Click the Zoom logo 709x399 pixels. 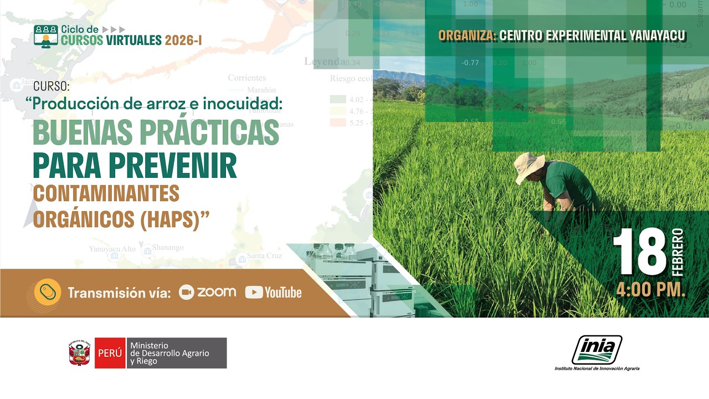[207, 293]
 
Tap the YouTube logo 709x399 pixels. [274, 293]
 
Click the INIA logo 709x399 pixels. [597, 350]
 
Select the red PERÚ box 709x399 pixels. [110, 353]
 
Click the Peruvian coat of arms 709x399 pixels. [80, 353]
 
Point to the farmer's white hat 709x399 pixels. [528, 166]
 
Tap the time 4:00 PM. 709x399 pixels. [651, 290]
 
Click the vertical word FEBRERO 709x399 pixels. [678, 253]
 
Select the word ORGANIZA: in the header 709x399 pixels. [467, 36]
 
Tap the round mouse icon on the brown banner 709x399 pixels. [48, 292]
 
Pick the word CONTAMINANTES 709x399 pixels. [106, 193]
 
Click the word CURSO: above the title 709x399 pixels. [52, 86]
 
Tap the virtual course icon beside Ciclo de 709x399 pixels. [45, 35]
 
